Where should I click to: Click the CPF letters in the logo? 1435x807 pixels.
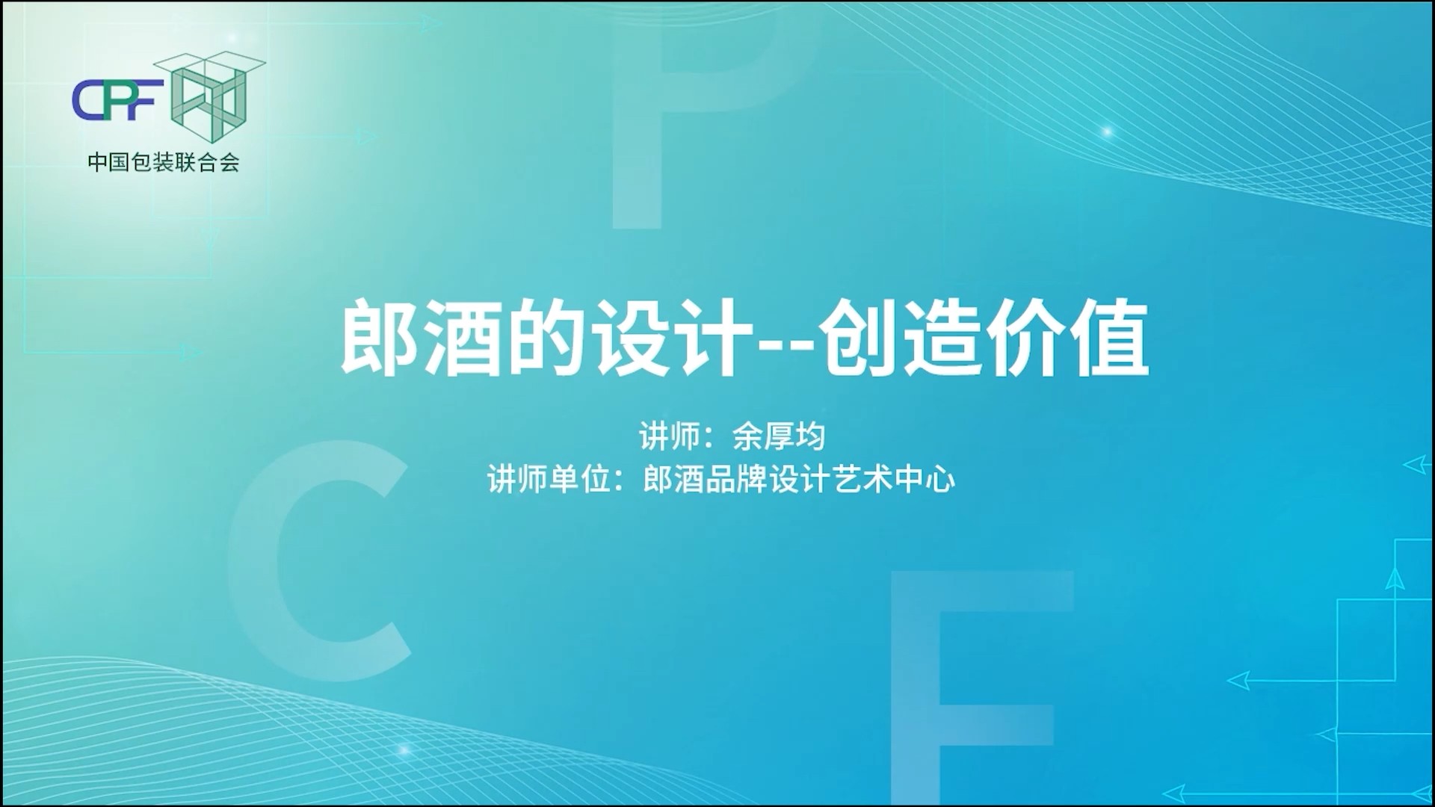[118, 100]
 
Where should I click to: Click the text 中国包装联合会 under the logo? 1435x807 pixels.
[164, 162]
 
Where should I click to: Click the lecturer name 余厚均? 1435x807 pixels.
[778, 436]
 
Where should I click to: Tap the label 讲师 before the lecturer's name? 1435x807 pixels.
[670, 436]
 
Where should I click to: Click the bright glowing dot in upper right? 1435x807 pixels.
[1107, 132]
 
